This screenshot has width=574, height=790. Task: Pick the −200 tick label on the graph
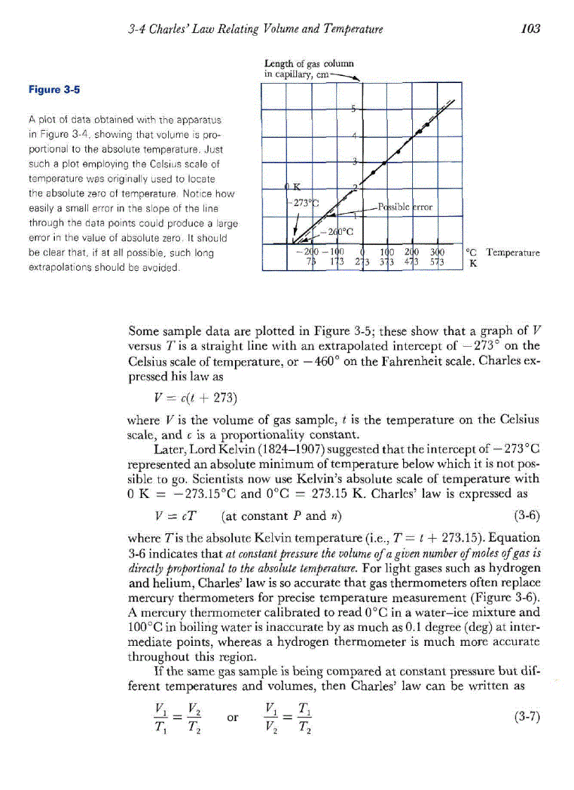click(307, 253)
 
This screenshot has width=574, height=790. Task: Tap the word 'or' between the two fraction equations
click(233, 717)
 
